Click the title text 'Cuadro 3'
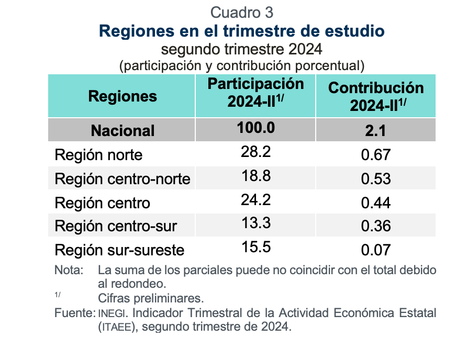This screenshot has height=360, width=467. [x=241, y=12]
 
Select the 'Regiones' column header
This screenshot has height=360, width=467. [x=123, y=96]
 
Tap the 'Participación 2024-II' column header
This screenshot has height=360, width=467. [x=255, y=93]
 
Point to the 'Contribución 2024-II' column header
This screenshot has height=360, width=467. [x=375, y=96]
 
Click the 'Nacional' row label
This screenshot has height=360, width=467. [x=123, y=130]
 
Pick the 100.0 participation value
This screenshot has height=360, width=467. [x=255, y=128]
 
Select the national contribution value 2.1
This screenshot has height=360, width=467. [x=375, y=130]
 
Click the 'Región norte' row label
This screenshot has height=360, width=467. [x=98, y=155]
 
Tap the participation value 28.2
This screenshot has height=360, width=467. [x=255, y=152]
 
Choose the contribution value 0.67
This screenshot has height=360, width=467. [x=375, y=155]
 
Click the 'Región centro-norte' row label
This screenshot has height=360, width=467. [x=123, y=179]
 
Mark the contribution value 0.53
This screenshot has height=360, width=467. [x=375, y=179]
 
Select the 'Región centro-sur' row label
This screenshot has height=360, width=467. [x=116, y=226]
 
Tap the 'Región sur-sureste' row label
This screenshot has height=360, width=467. [x=119, y=250]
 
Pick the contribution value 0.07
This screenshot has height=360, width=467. [x=375, y=250]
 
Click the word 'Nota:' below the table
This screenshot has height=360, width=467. [x=69, y=271]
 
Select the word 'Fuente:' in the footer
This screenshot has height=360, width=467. [x=74, y=313]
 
